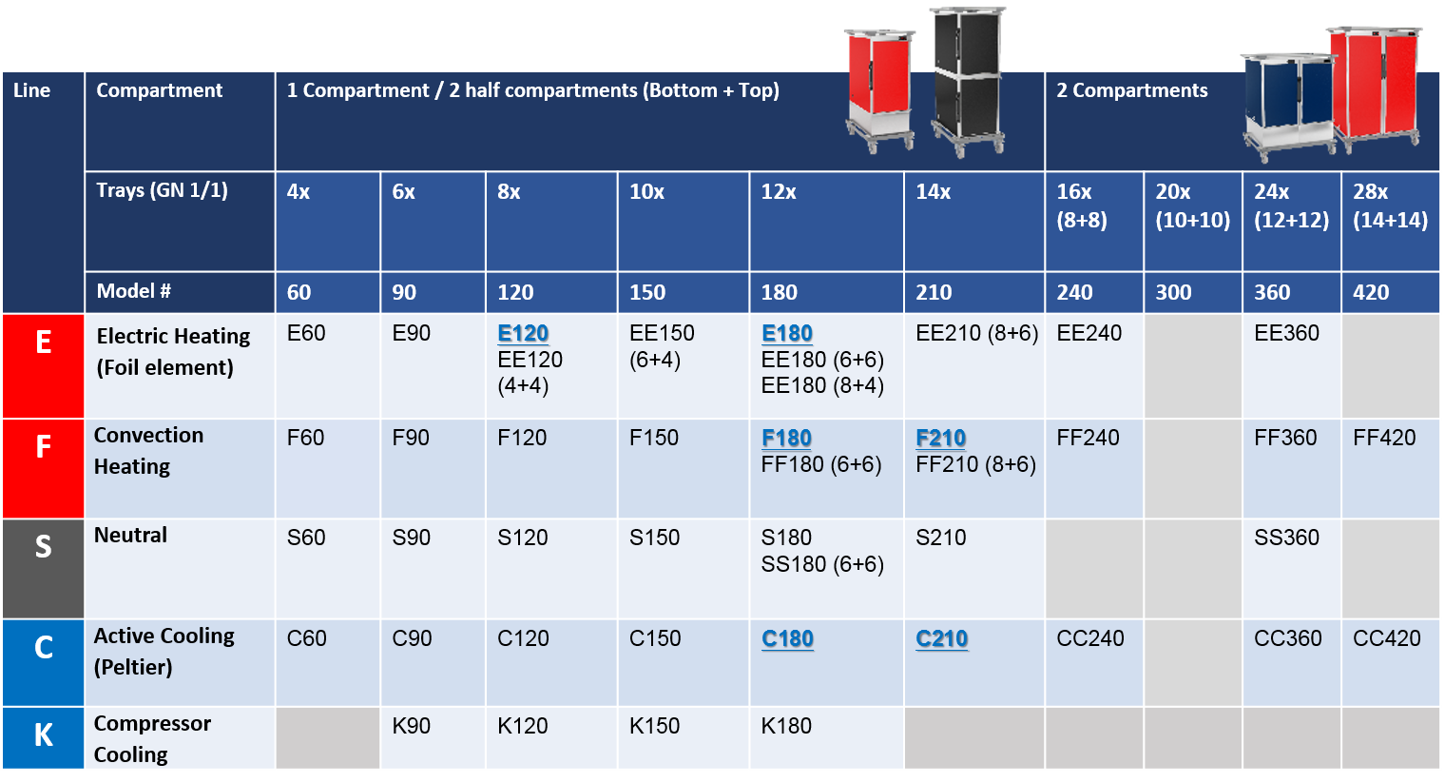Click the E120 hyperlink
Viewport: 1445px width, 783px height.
[x=523, y=333]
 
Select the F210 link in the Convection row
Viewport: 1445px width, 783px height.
[x=940, y=438]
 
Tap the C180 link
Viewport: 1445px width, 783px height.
[x=787, y=638]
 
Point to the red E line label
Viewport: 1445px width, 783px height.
[x=43, y=366]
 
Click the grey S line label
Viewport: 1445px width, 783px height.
[x=43, y=569]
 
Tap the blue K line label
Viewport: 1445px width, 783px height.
[x=43, y=738]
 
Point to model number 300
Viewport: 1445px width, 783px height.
[x=1173, y=292]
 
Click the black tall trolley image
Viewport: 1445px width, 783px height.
[x=968, y=81]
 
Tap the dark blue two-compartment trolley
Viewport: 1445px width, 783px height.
[x=1288, y=107]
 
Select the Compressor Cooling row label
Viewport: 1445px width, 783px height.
[x=152, y=738]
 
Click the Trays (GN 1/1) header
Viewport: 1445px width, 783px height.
[x=162, y=190]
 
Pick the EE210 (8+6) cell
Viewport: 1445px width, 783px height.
[x=976, y=333]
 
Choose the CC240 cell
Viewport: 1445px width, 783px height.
[x=1090, y=638]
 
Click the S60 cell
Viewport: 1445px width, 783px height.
[x=306, y=537]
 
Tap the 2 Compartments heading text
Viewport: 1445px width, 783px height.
[x=1131, y=90]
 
